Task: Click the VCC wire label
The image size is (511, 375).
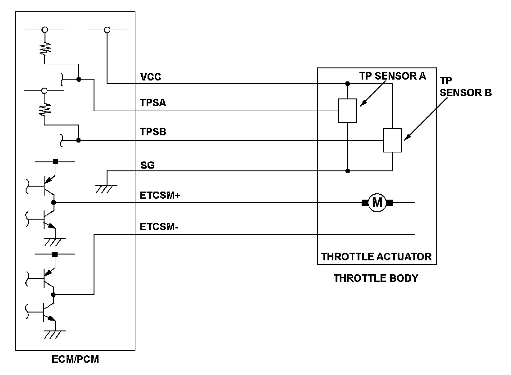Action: (x=151, y=77)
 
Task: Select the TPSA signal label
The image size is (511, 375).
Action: (x=153, y=103)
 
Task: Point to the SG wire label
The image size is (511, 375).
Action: (x=148, y=165)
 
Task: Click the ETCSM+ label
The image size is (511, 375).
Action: (x=160, y=195)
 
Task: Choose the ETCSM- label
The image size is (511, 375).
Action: (x=159, y=227)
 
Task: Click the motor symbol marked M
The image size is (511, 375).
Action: (x=377, y=203)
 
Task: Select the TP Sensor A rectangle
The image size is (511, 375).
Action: (x=348, y=111)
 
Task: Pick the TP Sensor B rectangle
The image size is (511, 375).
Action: (x=392, y=140)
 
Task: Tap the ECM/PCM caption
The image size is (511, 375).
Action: (x=75, y=360)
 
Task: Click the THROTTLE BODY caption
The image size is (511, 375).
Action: (x=376, y=278)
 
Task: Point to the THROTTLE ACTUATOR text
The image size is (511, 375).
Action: (x=376, y=257)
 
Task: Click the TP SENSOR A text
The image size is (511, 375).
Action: (x=392, y=76)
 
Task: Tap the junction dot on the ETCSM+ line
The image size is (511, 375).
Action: (x=54, y=203)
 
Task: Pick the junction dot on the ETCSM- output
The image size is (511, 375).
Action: (x=54, y=295)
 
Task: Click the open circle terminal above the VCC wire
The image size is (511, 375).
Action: (x=107, y=30)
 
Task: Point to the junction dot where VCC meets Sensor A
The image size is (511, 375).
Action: (x=348, y=84)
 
